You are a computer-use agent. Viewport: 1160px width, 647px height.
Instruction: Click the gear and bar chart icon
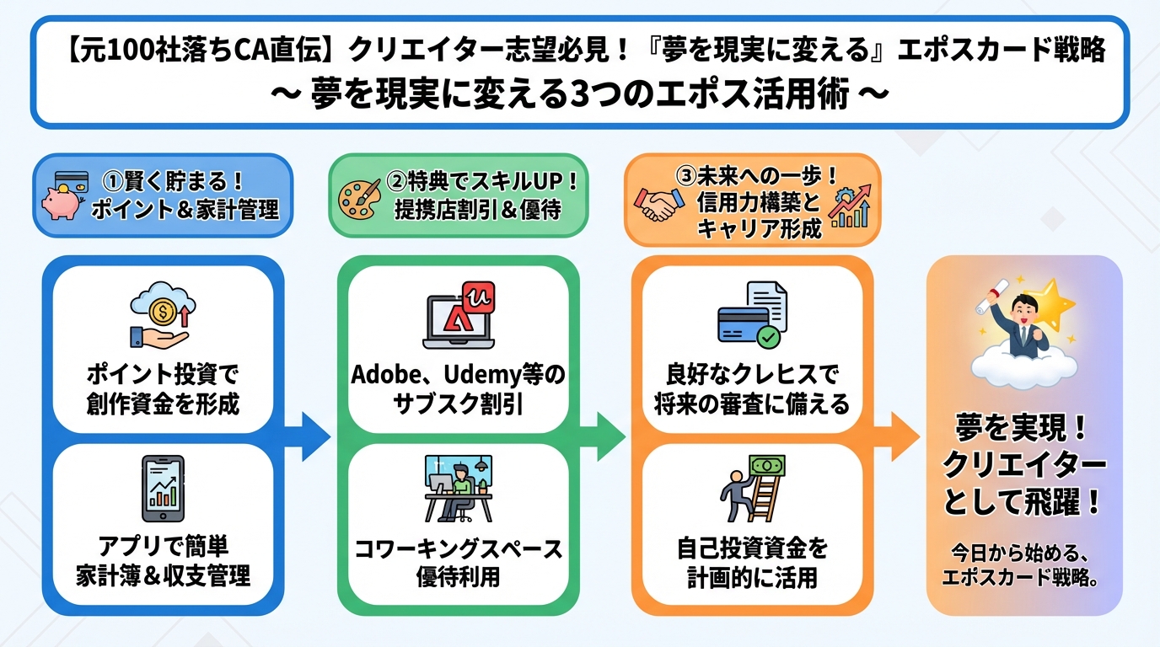[x=850, y=206]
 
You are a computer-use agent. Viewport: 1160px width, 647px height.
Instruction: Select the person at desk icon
[x=458, y=489]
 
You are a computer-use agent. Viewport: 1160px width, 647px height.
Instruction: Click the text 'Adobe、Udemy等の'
[x=458, y=373]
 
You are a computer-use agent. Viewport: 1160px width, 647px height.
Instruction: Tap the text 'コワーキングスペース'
[x=458, y=549]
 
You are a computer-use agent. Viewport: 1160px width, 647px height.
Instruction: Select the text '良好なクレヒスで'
[x=752, y=373]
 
